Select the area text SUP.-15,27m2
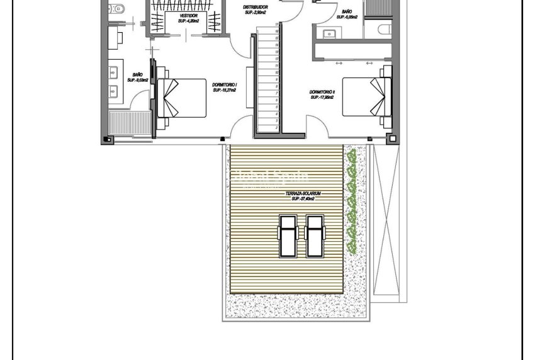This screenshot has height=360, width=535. point(224,90)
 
